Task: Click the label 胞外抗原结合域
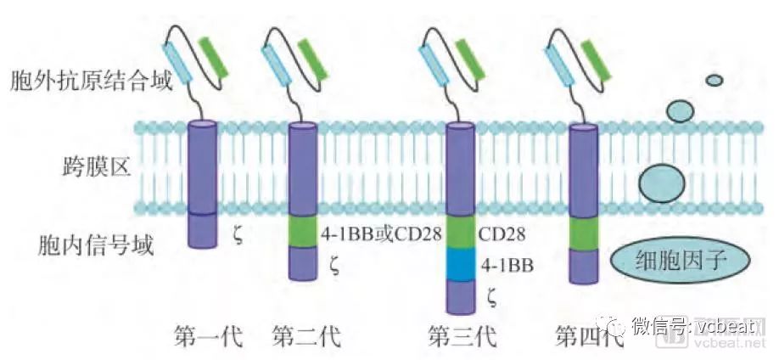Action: (x=91, y=82)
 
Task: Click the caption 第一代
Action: (x=207, y=337)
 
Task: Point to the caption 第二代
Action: (x=307, y=337)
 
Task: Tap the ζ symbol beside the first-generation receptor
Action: (x=238, y=230)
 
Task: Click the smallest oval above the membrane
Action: (x=714, y=81)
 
